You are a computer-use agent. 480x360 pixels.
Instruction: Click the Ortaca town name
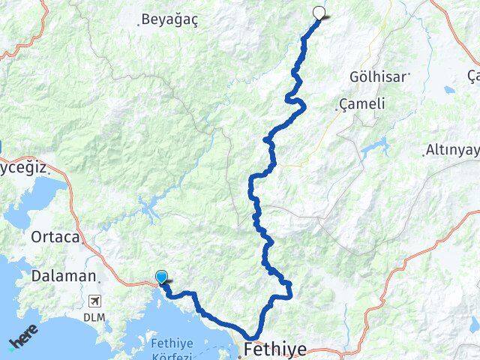pos(55,237)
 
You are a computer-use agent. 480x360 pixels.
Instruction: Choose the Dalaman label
pos(64,275)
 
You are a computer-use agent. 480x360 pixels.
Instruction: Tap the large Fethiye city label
pos(277,349)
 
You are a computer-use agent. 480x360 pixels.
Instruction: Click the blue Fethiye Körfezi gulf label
pos(172,349)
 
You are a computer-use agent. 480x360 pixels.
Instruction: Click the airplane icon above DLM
pos(94,301)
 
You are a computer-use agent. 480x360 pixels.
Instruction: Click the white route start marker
pos(320,12)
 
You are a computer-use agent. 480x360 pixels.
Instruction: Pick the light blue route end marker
pos(161,277)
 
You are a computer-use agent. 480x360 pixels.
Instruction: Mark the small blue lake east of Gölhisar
pos(449,90)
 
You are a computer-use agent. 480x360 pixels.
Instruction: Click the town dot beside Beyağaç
pos(139,24)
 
